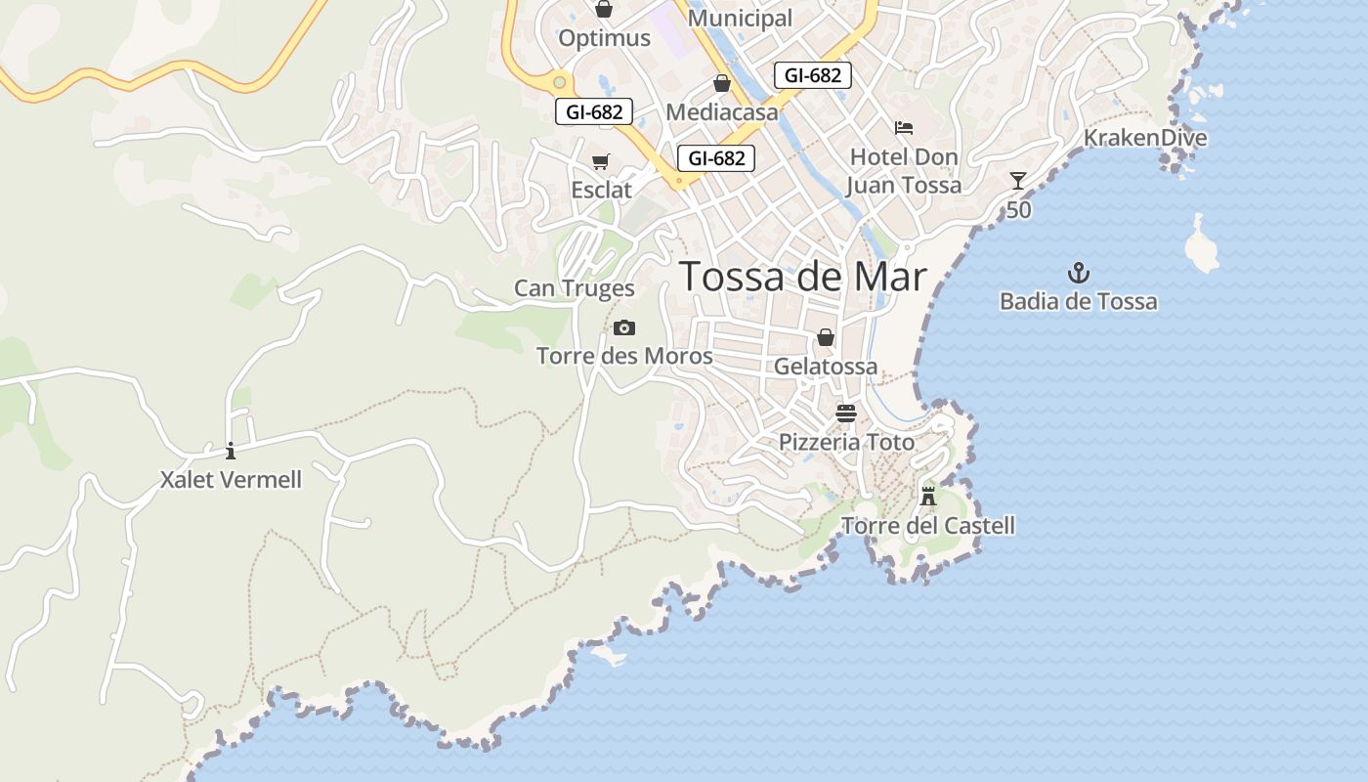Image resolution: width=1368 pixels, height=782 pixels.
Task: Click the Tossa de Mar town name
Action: (x=802, y=277)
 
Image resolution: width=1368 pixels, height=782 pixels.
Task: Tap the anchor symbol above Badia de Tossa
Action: (x=1079, y=273)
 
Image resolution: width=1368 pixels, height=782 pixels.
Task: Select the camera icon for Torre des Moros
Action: (x=624, y=328)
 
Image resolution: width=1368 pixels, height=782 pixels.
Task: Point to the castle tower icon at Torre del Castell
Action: (x=928, y=496)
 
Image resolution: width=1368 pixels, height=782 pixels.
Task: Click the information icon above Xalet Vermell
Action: (x=231, y=451)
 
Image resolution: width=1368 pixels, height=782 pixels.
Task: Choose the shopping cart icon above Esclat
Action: (x=601, y=161)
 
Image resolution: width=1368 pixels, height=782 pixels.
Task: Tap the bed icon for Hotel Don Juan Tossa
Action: (x=904, y=128)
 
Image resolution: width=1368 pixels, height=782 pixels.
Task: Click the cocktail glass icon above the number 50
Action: (x=1018, y=181)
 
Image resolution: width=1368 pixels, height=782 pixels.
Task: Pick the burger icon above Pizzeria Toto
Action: (x=846, y=413)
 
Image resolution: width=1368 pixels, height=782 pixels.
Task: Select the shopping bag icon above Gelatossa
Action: (x=826, y=337)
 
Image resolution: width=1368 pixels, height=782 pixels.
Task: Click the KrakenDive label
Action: (x=1145, y=138)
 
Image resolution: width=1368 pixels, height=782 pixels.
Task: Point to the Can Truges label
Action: (x=575, y=288)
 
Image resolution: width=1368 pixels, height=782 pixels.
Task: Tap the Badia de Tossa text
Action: (x=1079, y=301)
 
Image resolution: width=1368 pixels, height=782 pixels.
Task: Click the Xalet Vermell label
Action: (x=232, y=480)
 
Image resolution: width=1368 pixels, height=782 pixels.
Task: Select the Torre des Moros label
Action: (x=624, y=356)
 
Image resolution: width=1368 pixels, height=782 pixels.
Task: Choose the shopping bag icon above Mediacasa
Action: (x=722, y=84)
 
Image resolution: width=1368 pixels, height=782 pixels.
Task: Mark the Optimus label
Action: (x=604, y=38)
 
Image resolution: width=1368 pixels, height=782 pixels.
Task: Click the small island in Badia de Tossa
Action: (x=1202, y=244)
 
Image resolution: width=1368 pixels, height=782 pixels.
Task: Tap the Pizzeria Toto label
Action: (x=846, y=443)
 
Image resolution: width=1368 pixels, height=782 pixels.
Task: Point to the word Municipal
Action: (x=741, y=18)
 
